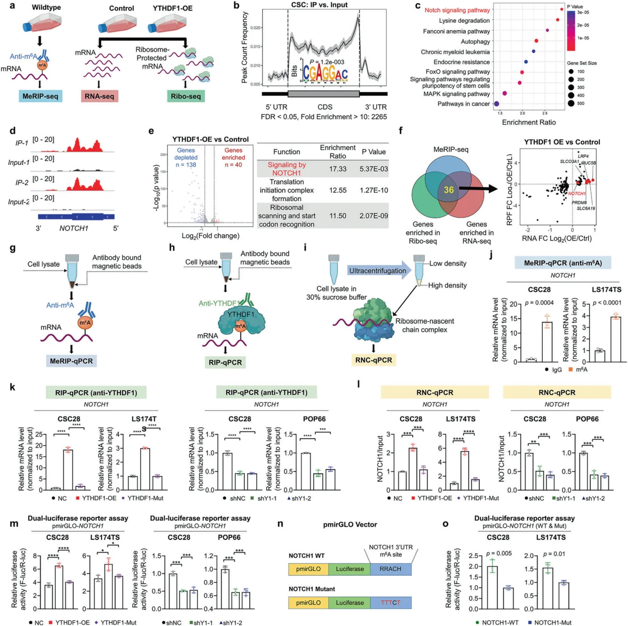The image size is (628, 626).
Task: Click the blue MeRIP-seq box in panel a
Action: [40, 96]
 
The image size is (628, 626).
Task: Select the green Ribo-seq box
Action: [185, 96]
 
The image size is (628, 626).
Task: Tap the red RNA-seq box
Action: [99, 96]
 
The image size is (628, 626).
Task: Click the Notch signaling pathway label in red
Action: [457, 10]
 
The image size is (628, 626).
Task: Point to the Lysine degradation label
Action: [464, 21]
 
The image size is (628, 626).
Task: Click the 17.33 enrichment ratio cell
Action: [338, 169]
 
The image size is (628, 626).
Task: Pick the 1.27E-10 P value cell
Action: [374, 190]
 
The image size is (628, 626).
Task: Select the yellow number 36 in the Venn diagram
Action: [449, 190]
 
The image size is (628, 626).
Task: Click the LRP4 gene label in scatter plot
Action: [583, 156]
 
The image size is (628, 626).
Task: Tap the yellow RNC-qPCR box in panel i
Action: [374, 360]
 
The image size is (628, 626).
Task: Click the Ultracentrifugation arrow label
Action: [377, 271]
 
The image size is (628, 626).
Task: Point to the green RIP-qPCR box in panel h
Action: [225, 363]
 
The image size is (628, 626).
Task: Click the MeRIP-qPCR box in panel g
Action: [71, 361]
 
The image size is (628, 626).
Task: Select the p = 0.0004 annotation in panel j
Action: [539, 303]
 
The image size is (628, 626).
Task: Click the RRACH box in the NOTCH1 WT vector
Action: [390, 569]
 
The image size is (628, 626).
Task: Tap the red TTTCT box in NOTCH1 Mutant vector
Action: [390, 603]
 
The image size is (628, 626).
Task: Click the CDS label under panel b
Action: [325, 107]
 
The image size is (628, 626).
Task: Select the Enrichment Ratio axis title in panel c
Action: [529, 122]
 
